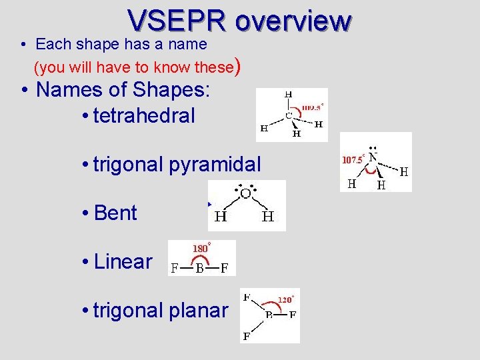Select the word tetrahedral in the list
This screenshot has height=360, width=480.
coord(145,116)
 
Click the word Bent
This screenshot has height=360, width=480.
coord(116,213)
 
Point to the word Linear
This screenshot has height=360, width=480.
coord(123,262)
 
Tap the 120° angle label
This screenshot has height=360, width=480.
coord(285,299)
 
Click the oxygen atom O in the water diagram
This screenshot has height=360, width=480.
coord(245,194)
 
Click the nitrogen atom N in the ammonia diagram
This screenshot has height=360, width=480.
coord(373,158)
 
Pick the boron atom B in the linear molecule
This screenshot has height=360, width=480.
coord(199,269)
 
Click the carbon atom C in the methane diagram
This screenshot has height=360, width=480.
coord(289,115)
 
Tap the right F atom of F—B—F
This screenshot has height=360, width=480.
coord(225,269)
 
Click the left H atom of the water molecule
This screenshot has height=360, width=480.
coord(221,217)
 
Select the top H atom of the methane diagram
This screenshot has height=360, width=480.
coord(289,95)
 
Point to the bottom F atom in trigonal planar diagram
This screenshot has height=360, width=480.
coord(247,337)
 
